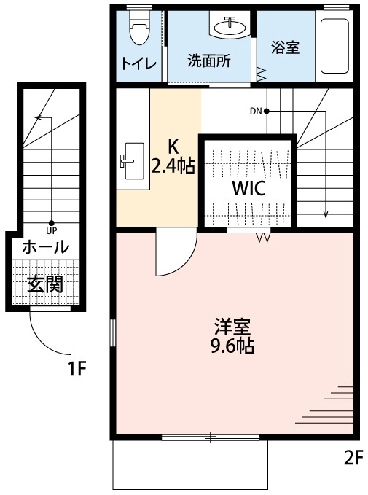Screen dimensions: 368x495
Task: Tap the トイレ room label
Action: click(x=139, y=64)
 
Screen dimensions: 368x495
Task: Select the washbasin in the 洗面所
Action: click(x=230, y=26)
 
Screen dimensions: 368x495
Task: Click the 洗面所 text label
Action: click(x=209, y=61)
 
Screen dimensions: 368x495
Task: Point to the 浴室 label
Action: click(x=286, y=47)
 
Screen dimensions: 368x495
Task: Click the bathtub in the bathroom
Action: click(x=334, y=46)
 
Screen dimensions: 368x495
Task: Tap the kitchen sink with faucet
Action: click(x=133, y=161)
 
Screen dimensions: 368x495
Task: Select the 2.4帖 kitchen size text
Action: click(x=173, y=166)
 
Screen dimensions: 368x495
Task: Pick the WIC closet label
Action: click(x=248, y=189)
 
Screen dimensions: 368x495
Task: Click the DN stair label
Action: click(x=256, y=111)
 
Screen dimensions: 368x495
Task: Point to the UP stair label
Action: click(x=52, y=231)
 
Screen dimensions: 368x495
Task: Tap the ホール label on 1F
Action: click(x=46, y=247)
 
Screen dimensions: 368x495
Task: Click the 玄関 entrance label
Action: click(x=45, y=285)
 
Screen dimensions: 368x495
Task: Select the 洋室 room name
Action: click(x=232, y=327)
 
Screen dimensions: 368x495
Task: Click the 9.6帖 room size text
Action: click(x=232, y=346)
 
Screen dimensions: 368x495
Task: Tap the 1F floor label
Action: click(x=77, y=369)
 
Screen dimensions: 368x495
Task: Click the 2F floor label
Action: click(x=352, y=458)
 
